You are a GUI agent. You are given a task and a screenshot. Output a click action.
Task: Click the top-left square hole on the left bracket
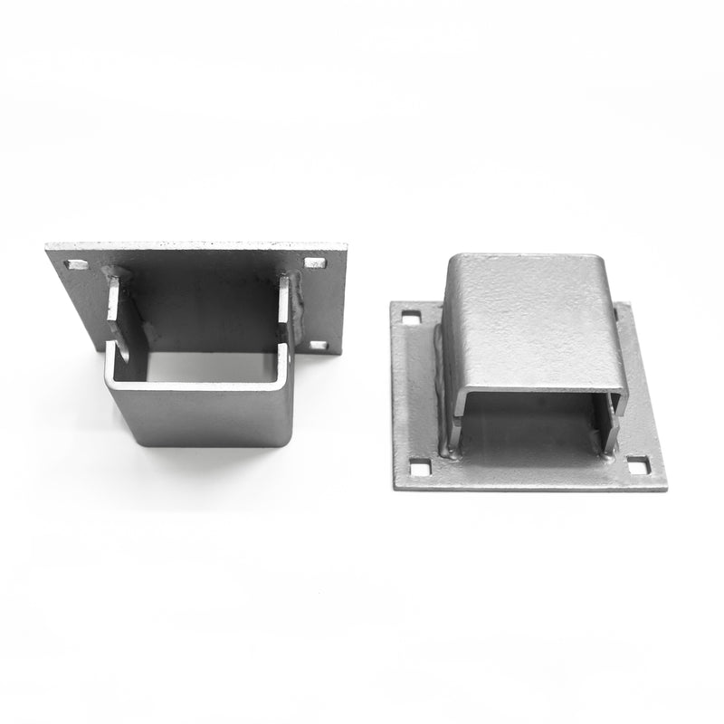76,265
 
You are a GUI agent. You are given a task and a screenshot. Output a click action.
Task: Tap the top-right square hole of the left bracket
315,263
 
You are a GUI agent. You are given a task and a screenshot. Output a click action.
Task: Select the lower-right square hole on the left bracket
319,345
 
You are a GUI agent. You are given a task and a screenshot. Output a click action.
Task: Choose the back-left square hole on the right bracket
411,318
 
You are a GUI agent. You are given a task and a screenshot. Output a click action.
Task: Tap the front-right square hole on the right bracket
638,465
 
